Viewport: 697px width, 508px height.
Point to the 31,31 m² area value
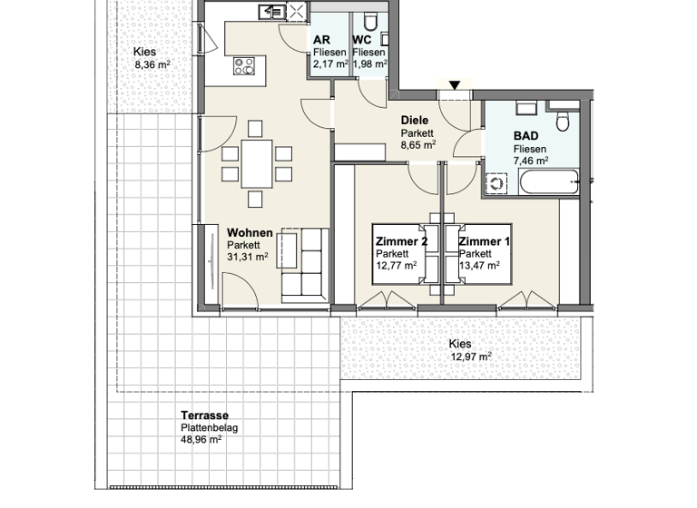[x=247, y=257]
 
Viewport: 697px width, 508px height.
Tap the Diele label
[x=415, y=120]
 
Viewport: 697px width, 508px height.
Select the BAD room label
[x=525, y=136]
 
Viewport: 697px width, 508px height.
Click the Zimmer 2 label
[x=400, y=241]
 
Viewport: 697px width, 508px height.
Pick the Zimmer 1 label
[x=484, y=241]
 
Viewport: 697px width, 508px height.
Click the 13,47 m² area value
[x=478, y=266]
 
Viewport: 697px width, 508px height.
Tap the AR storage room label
[x=321, y=41]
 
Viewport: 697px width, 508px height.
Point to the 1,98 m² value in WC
[x=370, y=65]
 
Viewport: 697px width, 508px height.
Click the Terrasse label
[x=203, y=415]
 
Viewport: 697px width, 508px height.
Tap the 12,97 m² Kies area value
[x=471, y=357]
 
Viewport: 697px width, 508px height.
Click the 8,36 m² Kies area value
[x=152, y=65]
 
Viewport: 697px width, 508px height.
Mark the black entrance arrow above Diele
[x=455, y=86]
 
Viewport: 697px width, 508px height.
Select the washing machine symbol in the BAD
[x=497, y=182]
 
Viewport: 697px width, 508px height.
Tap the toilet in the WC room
[x=369, y=21]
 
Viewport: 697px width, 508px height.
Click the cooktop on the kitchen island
[x=245, y=65]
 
